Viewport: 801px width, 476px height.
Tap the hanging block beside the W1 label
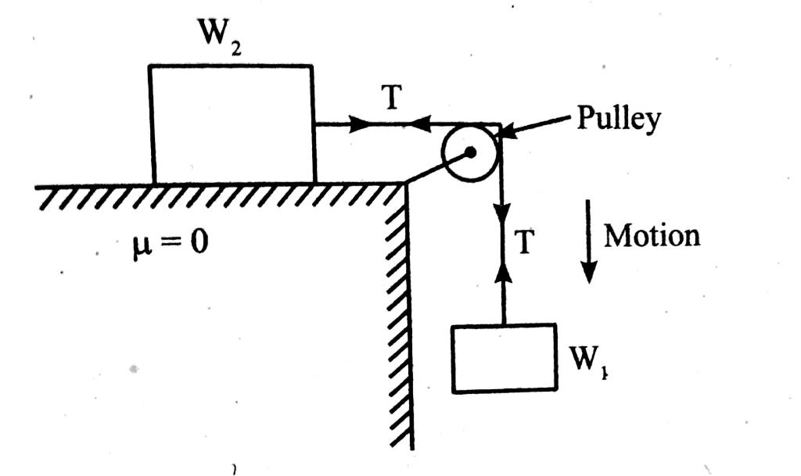point(505,356)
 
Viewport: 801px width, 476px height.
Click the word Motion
point(652,235)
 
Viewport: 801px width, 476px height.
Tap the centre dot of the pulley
point(470,153)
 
